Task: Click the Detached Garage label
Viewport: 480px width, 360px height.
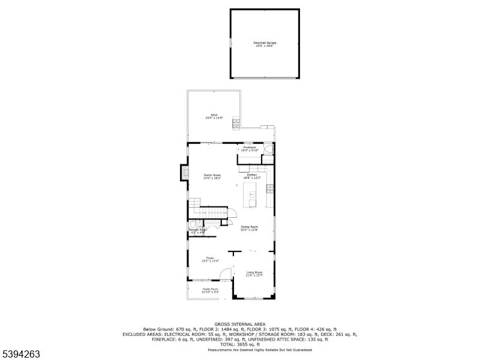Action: pos(265,44)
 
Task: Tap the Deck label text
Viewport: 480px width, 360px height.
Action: pos(214,116)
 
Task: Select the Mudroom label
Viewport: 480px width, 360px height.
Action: pos(250,148)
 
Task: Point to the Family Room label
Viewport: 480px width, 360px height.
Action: pos(212,176)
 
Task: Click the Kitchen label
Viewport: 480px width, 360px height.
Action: pos(251,176)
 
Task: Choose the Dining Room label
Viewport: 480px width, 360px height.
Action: pos(249,228)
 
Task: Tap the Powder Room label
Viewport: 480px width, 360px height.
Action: pos(198,230)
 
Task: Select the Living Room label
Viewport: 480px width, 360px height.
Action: pos(254,274)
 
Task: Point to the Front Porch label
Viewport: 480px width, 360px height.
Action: pos(210,290)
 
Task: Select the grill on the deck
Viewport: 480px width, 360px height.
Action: pos(236,124)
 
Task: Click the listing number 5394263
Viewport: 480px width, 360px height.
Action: pos(21,354)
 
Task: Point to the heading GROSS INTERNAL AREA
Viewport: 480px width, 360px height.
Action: pos(239,324)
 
